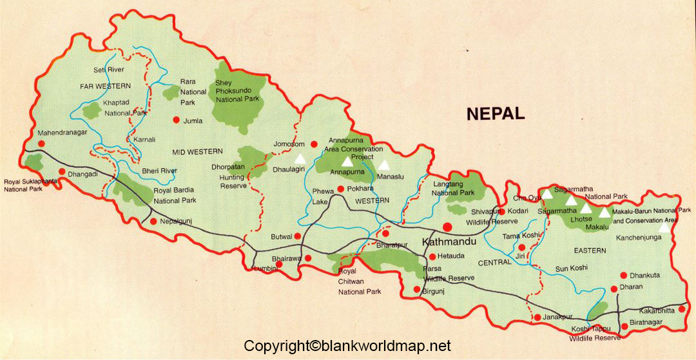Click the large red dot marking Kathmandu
click(448, 227)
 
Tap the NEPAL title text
click(496, 114)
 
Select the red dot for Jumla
click(176, 120)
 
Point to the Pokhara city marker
click(341, 189)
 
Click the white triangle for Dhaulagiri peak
click(299, 158)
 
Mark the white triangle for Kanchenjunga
click(664, 226)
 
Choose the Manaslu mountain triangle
click(384, 165)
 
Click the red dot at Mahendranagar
click(41, 143)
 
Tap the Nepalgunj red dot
click(153, 222)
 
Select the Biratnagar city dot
click(624, 327)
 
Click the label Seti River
click(108, 70)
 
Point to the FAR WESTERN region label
click(106, 86)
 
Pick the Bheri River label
click(159, 171)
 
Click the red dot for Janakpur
click(537, 317)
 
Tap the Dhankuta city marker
click(623, 274)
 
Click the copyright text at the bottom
click(347, 346)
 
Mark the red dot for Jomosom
click(314, 144)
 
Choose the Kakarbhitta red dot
click(681, 309)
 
